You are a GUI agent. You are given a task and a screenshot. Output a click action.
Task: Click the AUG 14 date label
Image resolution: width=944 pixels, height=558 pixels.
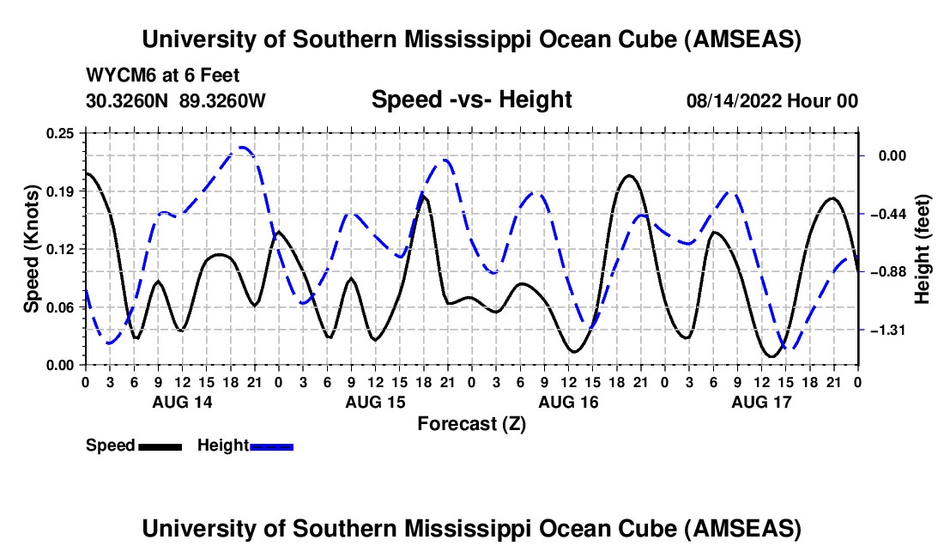182,402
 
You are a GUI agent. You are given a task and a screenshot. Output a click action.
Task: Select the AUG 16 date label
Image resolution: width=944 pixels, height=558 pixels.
568,402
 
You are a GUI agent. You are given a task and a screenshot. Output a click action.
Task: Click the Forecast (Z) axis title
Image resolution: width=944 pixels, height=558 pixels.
471,423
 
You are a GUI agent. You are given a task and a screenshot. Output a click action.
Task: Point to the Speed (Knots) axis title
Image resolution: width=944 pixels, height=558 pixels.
32,249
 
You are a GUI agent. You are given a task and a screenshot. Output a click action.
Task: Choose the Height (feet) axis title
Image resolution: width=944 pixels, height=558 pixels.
923,249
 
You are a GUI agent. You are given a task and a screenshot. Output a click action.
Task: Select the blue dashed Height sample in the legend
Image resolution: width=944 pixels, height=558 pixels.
272,446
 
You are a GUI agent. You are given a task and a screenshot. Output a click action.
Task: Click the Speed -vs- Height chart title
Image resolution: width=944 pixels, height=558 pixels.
471,100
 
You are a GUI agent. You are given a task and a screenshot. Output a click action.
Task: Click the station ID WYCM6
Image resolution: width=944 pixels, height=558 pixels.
115,76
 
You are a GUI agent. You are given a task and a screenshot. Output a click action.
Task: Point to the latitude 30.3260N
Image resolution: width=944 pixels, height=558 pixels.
127,101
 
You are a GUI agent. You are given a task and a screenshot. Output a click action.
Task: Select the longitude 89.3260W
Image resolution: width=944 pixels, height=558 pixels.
222,101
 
